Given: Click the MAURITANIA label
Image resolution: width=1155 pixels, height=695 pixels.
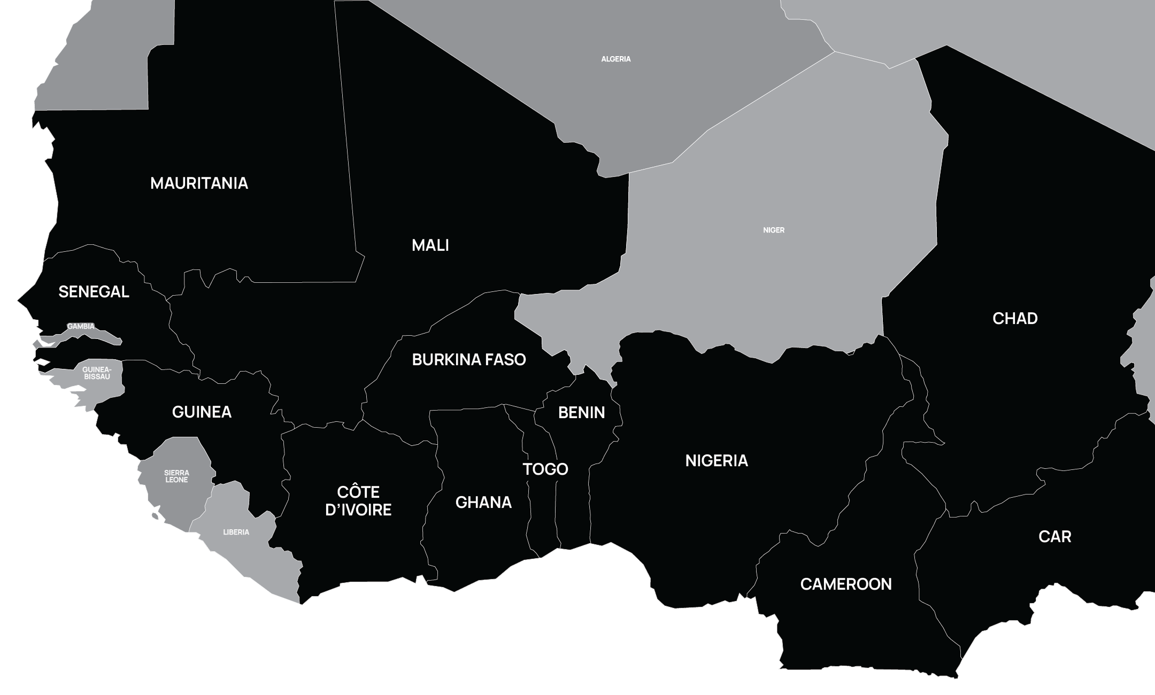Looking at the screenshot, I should (199, 183).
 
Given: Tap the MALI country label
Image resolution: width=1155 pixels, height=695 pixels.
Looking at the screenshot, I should (430, 245).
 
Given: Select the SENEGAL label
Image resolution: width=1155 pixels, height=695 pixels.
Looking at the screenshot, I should (94, 292).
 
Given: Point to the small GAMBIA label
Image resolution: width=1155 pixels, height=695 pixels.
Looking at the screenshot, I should (81, 326).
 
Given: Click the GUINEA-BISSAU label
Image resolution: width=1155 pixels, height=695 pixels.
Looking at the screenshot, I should (96, 373).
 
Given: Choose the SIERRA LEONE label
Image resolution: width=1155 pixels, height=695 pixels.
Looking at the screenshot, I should (176, 476).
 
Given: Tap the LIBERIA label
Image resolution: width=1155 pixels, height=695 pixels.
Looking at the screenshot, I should (236, 532).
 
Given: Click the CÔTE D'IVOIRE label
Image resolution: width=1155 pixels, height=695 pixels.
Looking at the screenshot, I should (358, 501).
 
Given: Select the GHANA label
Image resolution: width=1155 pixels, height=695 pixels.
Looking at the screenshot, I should (483, 503).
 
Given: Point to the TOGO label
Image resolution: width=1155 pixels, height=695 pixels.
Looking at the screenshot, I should (545, 469).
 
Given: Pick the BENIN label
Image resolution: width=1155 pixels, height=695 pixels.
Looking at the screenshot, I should (581, 413).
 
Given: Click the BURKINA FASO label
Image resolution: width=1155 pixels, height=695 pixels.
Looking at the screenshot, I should (469, 360).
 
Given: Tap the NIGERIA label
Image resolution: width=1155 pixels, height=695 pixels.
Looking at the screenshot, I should (717, 460).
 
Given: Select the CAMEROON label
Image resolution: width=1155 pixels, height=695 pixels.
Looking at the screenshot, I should (846, 584).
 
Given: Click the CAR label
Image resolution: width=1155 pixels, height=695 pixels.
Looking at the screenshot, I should (1054, 537).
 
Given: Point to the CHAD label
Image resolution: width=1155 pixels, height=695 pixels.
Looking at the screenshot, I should (1015, 319).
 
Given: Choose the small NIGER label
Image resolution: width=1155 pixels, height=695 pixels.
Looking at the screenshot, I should (774, 230).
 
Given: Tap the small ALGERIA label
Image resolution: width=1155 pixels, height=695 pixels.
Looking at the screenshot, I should (616, 59).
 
